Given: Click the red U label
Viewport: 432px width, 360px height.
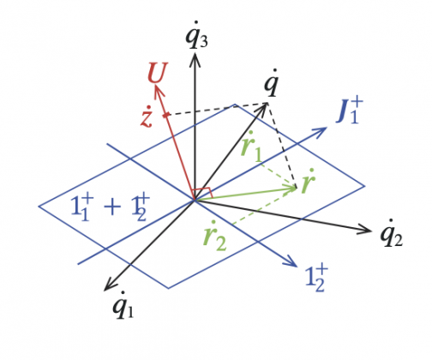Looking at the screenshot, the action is [x=157, y=73].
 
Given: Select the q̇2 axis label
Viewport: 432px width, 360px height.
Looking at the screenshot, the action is [x=392, y=233].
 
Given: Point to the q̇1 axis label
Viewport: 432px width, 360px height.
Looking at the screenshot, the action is [x=123, y=305].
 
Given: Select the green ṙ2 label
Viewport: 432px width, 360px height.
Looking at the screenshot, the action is [x=215, y=236].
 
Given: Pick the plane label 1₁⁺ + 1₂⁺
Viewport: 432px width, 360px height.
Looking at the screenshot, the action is [x=111, y=207].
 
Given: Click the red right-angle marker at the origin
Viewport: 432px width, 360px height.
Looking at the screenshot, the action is [x=203, y=193].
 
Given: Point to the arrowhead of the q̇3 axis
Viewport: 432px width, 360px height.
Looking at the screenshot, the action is [x=195, y=59].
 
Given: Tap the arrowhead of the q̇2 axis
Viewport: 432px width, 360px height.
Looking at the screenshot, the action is [x=366, y=230].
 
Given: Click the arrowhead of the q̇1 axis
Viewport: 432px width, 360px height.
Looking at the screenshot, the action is [x=110, y=285].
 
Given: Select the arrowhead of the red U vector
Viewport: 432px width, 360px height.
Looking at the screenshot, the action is [x=159, y=92].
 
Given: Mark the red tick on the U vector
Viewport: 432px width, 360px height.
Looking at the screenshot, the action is [x=165, y=115].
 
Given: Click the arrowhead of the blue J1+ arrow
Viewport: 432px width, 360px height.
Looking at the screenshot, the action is [x=320, y=132].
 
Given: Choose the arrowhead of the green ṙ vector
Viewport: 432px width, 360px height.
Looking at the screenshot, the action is [x=291, y=188].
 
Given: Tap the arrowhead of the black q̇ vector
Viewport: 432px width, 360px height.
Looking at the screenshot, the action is [x=263, y=108].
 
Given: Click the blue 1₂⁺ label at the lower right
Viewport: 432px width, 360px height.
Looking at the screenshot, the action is [x=316, y=278].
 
